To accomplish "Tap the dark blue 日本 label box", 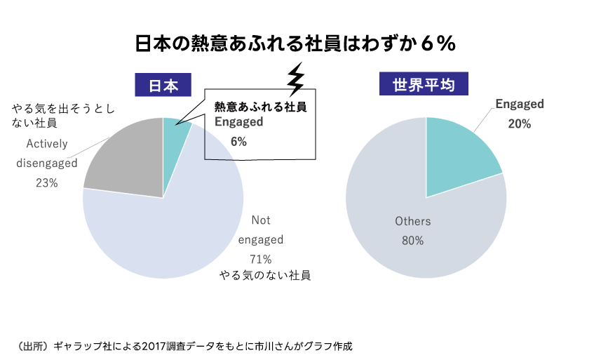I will coord(163,86).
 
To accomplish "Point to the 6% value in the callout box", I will coord(238,141).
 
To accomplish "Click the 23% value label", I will coord(46,183).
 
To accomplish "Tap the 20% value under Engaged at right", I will coord(520,123).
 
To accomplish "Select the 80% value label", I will coord(412,240).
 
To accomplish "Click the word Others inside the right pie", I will coord(412,221).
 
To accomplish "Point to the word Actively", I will coord(47,144).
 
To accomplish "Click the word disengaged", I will coord(46,164).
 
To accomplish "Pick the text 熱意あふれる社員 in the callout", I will coord(261,107).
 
